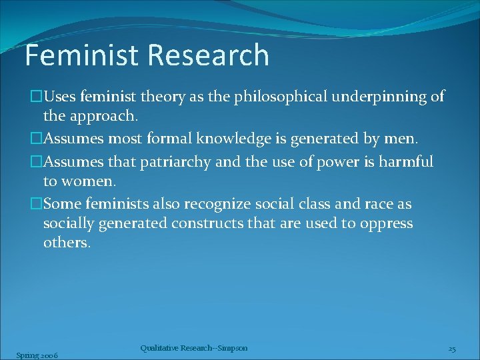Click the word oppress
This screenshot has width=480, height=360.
pos(386,223)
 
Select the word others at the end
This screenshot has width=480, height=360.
pos(66,242)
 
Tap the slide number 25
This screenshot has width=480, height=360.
pos(451,349)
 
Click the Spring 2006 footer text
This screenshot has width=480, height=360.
pos(37,355)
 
